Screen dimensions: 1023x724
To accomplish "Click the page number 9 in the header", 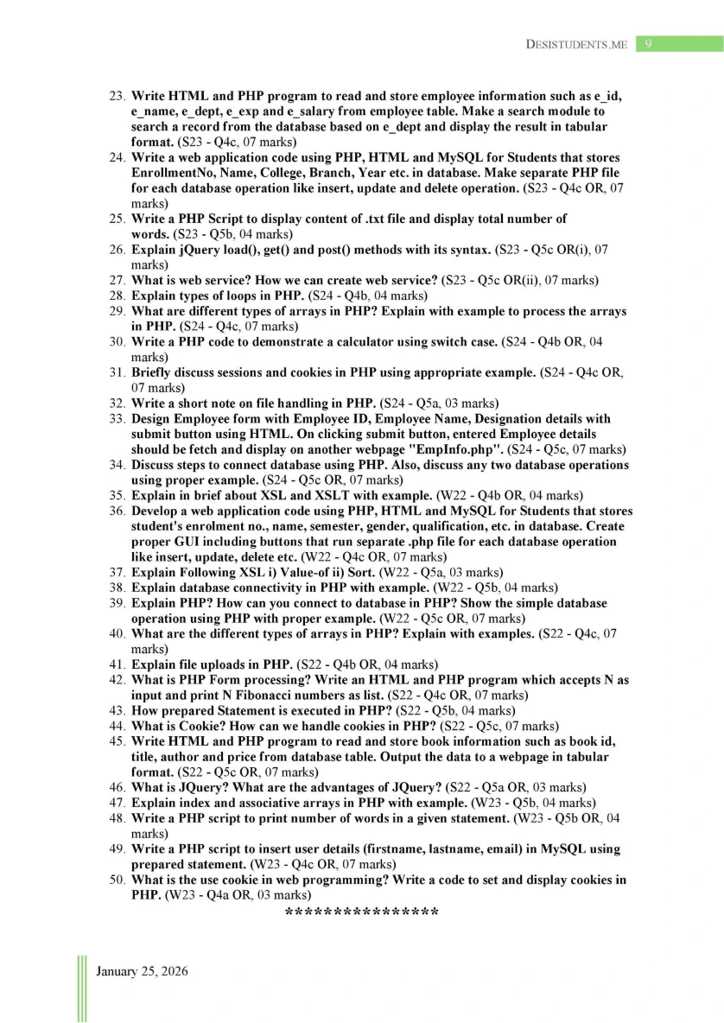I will point(648,44).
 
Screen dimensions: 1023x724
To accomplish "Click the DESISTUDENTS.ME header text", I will point(576,44).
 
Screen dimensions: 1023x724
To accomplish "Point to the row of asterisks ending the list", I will point(361,912).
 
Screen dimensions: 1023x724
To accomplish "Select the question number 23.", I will point(117,97).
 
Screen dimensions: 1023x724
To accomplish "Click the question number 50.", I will point(117,880).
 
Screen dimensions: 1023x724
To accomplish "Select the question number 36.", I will point(117,511).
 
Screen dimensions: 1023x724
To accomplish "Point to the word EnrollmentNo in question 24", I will point(171,173).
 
